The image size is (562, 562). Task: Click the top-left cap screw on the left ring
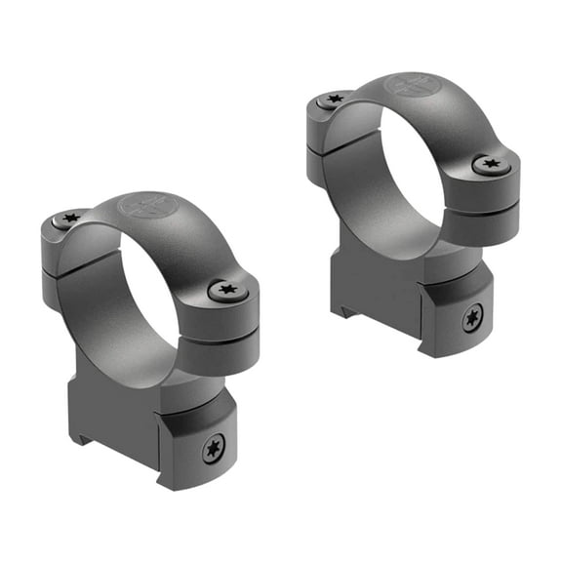(x=69, y=220)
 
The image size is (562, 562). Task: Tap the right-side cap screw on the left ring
(x=228, y=290)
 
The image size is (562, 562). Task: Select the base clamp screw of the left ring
(x=212, y=449)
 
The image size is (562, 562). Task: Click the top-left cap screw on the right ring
(x=335, y=100)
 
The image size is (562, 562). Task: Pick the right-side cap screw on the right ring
(x=491, y=166)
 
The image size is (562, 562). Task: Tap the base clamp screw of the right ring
(x=473, y=318)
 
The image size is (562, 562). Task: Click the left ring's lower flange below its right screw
(x=223, y=346)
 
